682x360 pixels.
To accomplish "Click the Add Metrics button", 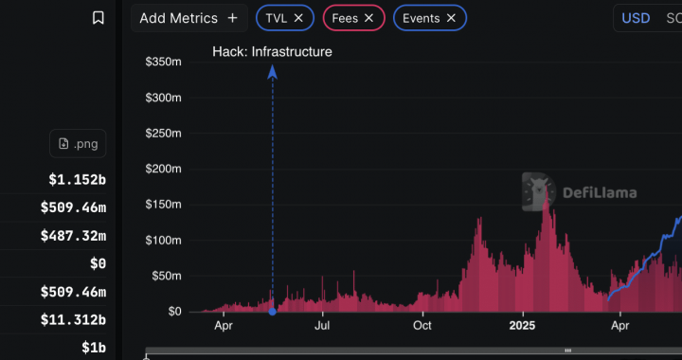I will pyautogui.click(x=188, y=18).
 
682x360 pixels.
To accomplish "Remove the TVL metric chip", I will pyautogui.click(x=298, y=18).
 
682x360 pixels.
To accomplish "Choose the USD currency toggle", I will pyautogui.click(x=636, y=18).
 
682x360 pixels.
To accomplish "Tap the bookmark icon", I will pyautogui.click(x=99, y=18).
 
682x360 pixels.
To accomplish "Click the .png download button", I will pyautogui.click(x=78, y=144).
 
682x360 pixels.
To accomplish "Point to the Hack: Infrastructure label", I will pyautogui.click(x=272, y=52).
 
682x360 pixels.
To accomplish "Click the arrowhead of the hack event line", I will pyautogui.click(x=272, y=70).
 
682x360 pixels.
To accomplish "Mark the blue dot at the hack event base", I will pyautogui.click(x=272, y=311).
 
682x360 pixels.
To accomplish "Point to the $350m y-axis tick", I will pyautogui.click(x=163, y=62).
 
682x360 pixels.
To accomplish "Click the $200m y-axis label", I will pyautogui.click(x=163, y=169).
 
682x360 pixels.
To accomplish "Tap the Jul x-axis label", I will pyautogui.click(x=323, y=326).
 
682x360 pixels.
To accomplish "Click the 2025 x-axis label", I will pyautogui.click(x=522, y=326).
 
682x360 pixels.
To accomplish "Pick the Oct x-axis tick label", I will pyautogui.click(x=422, y=326).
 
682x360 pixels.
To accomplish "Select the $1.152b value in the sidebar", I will pyautogui.click(x=78, y=179).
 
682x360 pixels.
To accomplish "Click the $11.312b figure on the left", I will pyautogui.click(x=74, y=320).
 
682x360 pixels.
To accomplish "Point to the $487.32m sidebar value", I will pyautogui.click(x=74, y=235).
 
